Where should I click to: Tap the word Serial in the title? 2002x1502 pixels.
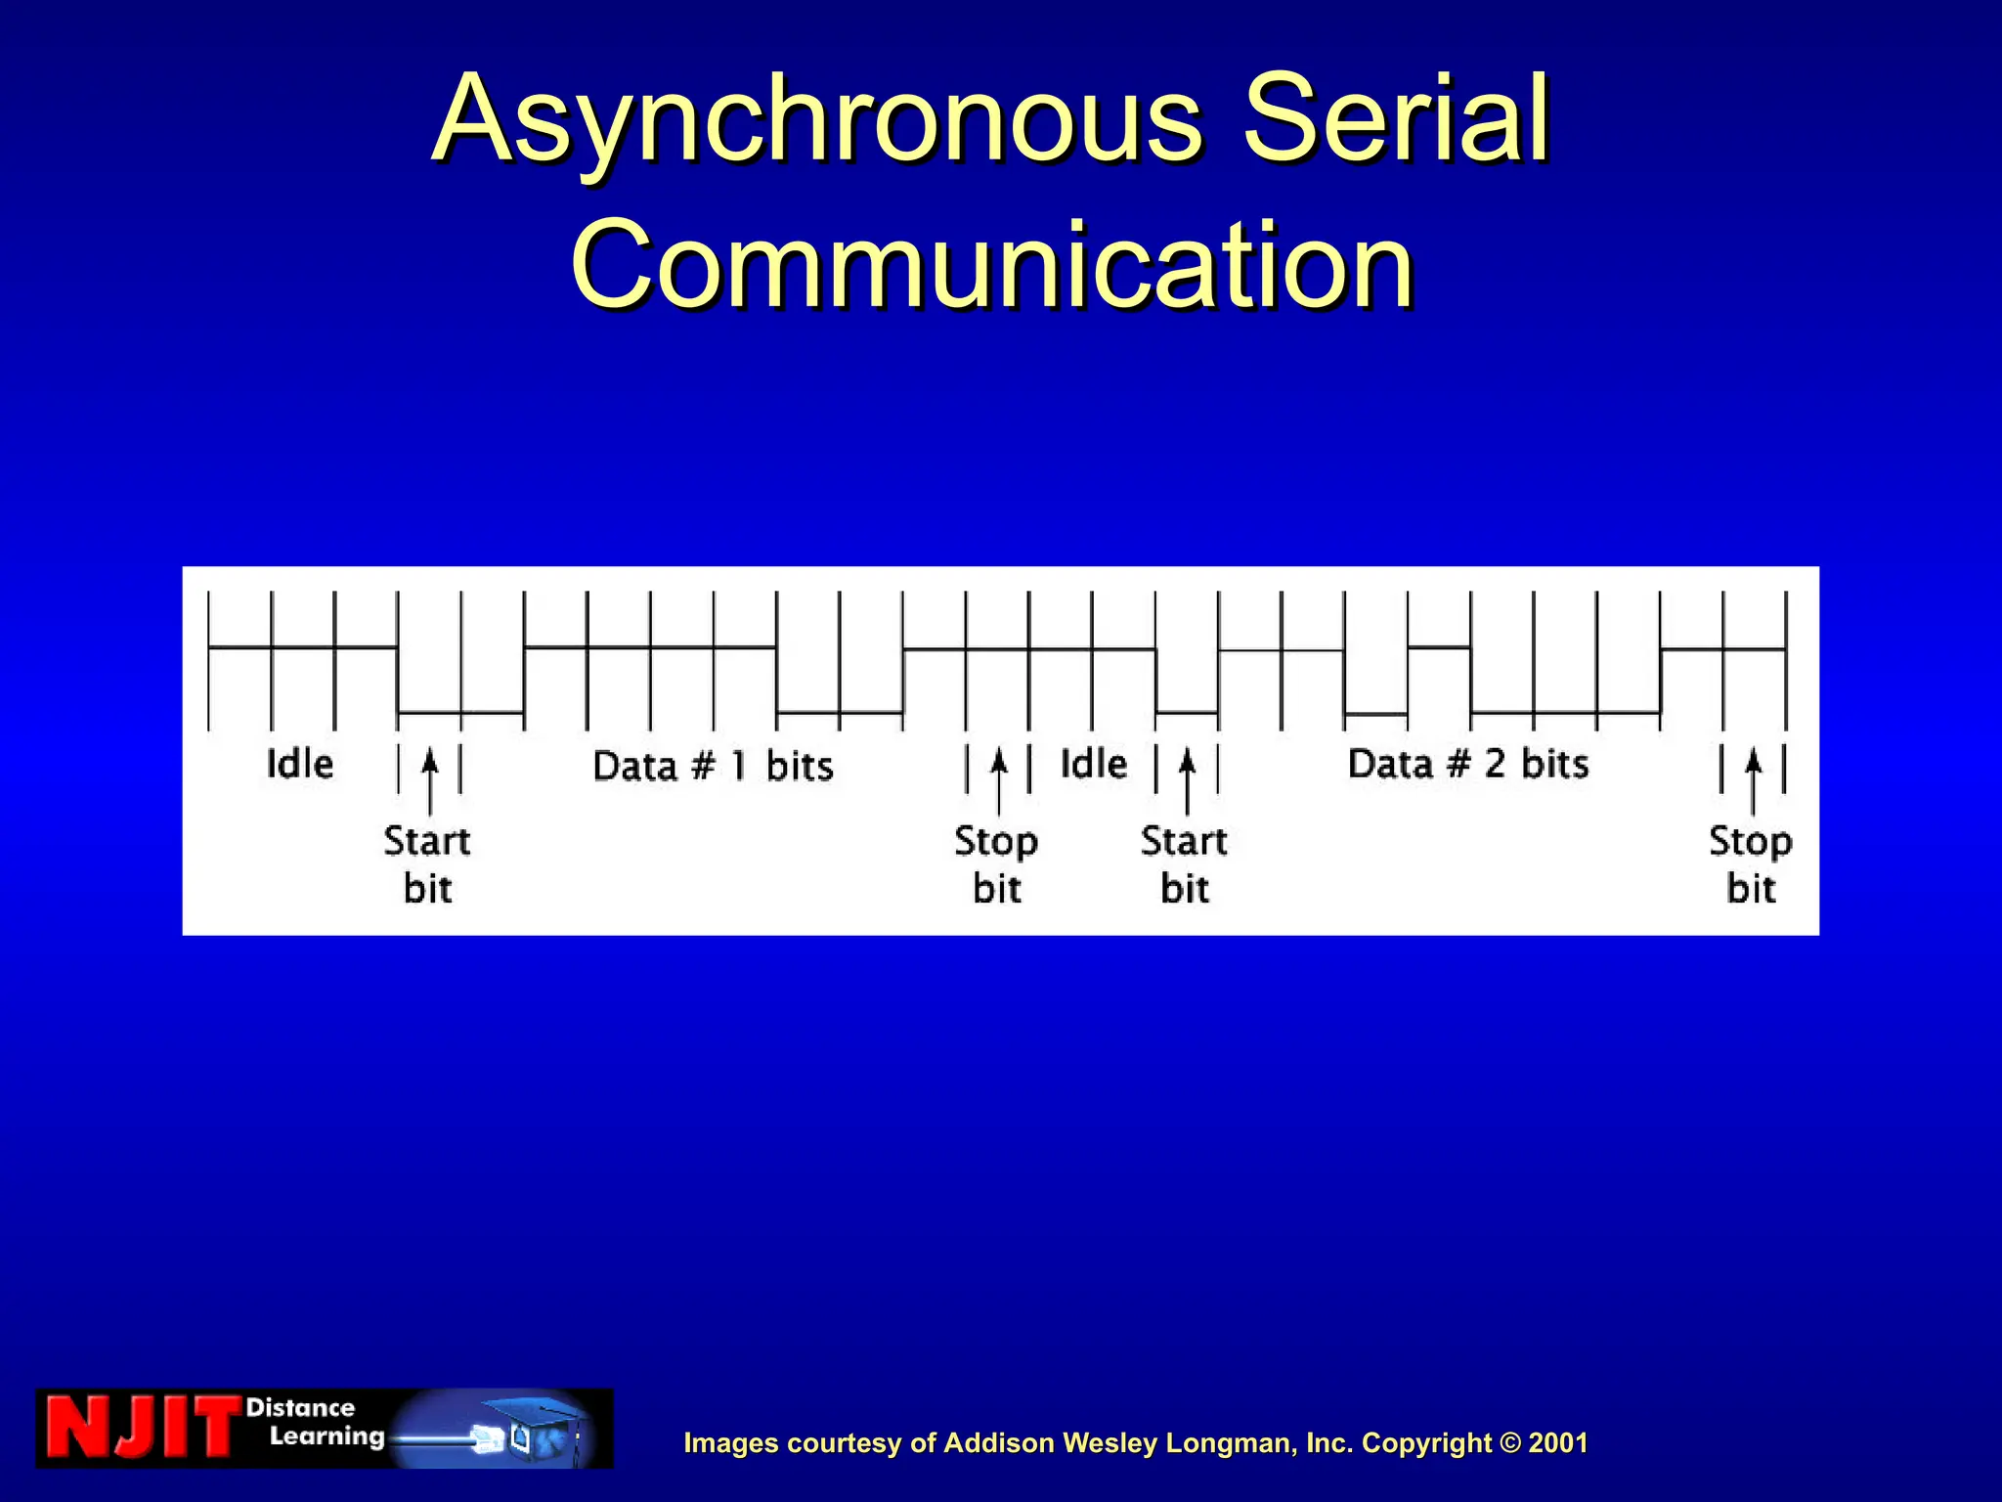tap(1396, 119)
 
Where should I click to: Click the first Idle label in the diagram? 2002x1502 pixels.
tap(300, 764)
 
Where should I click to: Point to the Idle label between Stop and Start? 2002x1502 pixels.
tap(1094, 764)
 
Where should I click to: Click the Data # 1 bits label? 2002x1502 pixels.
tap(713, 766)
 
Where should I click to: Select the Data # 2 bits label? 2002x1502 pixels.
tap(1468, 764)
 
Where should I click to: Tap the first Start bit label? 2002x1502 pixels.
tap(427, 864)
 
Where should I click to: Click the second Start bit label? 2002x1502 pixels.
tap(1184, 864)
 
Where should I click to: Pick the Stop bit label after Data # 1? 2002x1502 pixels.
tap(996, 864)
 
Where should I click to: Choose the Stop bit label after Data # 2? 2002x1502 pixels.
tap(1751, 864)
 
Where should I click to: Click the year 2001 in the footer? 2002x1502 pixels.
tap(1558, 1443)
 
